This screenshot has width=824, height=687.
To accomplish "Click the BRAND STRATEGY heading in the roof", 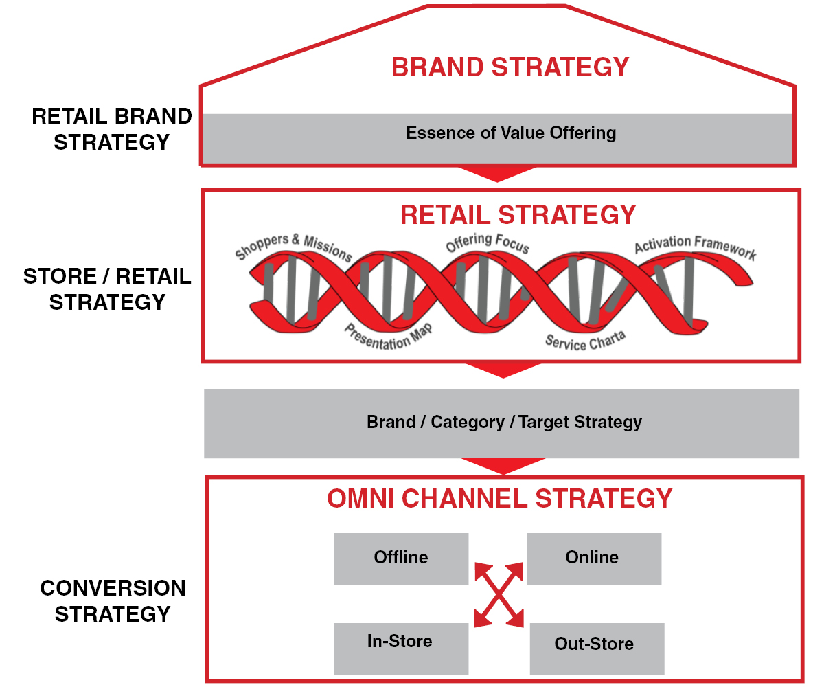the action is (x=510, y=67).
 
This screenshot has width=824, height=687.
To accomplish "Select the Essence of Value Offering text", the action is (x=511, y=133).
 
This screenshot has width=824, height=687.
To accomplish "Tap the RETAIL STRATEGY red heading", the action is (x=518, y=215).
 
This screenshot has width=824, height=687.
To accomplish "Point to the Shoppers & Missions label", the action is (x=293, y=247).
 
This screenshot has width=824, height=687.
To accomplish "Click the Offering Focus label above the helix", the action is (x=488, y=243).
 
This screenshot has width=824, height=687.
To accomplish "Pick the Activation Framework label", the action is (x=696, y=247).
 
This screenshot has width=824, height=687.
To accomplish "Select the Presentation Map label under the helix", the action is (x=389, y=337).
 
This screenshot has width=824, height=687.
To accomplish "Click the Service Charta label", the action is (x=586, y=341).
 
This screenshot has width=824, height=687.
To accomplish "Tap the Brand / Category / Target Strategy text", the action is (x=504, y=422).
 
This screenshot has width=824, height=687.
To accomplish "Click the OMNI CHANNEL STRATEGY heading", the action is (x=500, y=498).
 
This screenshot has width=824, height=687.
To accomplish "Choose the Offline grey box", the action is (x=401, y=559).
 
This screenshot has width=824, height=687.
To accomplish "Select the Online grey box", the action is (x=594, y=559).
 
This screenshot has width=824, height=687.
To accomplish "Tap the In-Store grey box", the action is (x=401, y=649).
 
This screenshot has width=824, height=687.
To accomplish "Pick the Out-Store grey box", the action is (x=597, y=649).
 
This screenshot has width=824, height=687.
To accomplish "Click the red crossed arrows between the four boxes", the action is (x=499, y=595).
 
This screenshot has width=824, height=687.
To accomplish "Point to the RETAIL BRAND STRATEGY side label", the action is (x=112, y=129).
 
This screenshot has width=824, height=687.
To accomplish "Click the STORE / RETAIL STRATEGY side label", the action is (x=107, y=289).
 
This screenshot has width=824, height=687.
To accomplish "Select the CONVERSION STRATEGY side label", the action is (x=113, y=601).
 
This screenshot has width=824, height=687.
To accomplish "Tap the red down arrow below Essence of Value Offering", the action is (x=497, y=174).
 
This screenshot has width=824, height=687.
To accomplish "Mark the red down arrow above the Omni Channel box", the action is (x=503, y=466).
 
